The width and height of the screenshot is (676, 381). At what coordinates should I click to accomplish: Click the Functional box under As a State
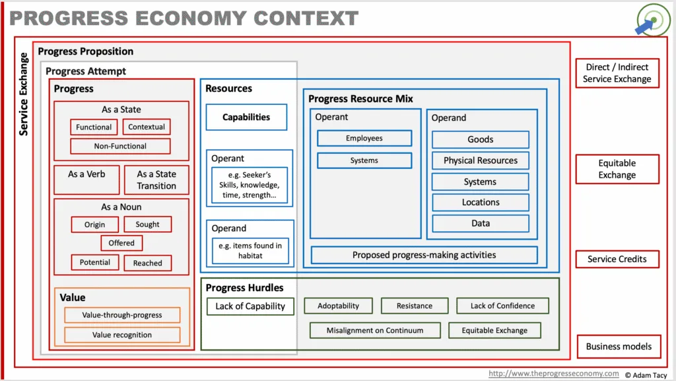94,127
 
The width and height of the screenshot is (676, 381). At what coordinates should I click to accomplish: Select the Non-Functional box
120,146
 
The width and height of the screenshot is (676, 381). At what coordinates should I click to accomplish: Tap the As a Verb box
86,180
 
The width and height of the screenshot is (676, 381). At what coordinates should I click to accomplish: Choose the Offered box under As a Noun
121,243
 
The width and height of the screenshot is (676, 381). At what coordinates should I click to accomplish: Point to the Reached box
147,263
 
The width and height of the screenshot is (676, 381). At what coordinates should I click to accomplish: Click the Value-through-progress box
122,315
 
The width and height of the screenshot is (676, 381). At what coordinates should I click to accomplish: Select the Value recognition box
122,335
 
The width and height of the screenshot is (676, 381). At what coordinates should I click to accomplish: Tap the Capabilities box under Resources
246,118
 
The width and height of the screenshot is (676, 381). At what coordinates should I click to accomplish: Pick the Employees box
364,139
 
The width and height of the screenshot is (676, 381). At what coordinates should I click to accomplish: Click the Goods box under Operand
481,139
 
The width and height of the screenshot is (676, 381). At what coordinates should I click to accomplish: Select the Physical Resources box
481,160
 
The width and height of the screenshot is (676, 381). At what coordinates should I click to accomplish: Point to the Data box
481,223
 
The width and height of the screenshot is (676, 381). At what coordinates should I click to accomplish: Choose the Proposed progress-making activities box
424,255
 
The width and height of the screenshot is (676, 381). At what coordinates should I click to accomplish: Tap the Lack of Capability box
250,306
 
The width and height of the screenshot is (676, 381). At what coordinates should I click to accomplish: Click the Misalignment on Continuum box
375,331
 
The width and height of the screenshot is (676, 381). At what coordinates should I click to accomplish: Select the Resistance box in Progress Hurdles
415,306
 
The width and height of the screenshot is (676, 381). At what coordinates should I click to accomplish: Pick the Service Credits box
617,259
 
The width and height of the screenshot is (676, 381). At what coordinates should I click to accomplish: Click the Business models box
619,347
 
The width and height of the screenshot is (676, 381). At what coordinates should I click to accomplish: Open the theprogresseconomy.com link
554,374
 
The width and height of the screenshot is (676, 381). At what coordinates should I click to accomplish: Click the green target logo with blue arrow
653,20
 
